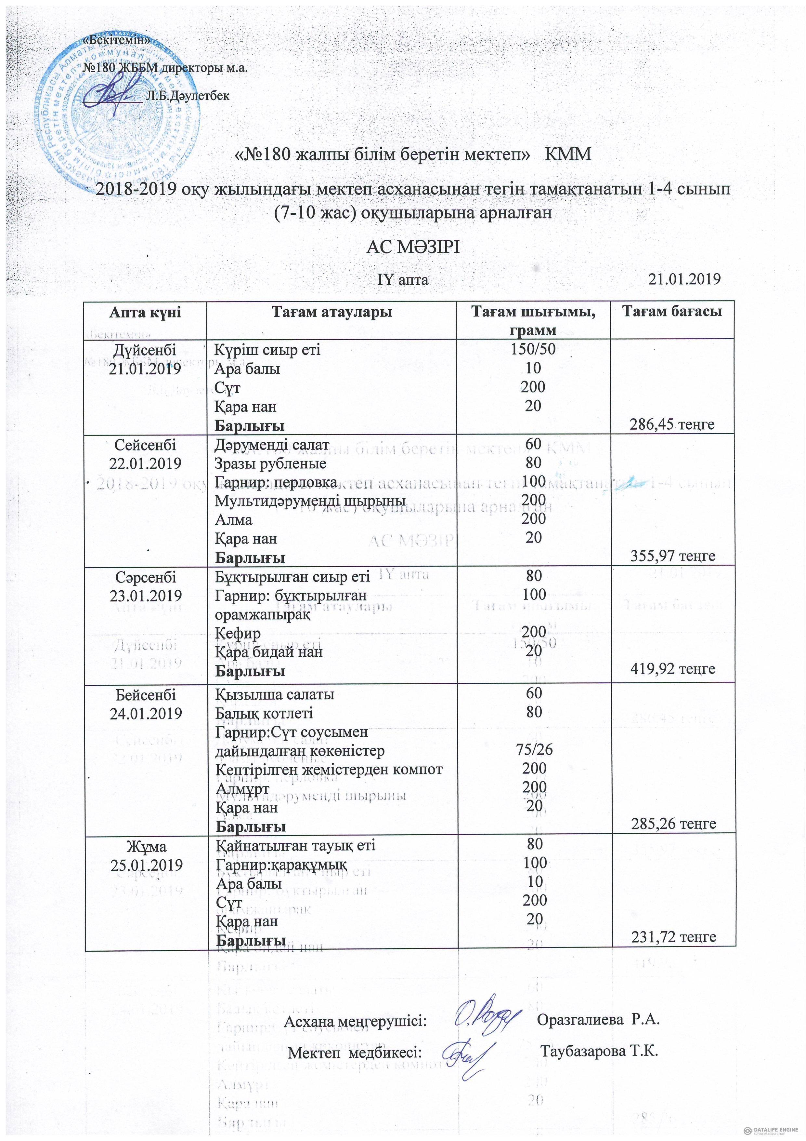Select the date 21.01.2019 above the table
(x=684, y=279)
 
